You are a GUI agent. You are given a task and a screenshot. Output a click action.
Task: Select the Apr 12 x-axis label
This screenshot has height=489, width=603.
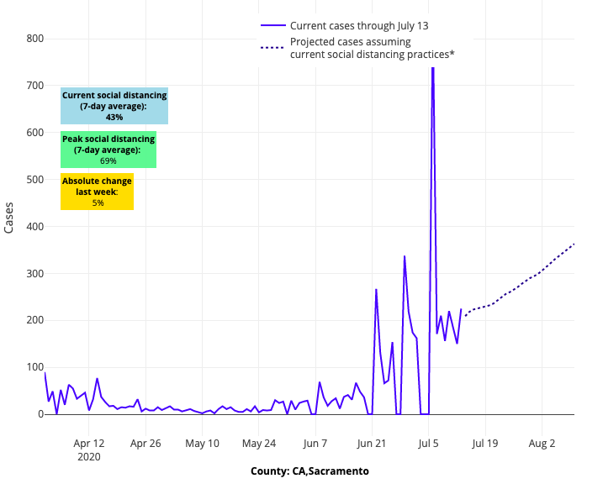click(x=89, y=443)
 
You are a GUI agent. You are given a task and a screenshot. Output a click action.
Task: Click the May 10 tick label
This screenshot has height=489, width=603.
click(x=202, y=443)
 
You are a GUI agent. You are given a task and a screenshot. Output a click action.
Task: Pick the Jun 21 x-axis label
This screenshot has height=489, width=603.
click(x=371, y=443)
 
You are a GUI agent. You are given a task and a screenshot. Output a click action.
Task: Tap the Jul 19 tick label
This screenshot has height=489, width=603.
click(x=485, y=443)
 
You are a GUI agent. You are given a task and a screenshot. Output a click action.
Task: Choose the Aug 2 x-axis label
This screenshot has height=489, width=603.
click(x=542, y=443)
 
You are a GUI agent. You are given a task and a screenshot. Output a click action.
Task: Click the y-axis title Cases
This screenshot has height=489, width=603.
click(x=9, y=218)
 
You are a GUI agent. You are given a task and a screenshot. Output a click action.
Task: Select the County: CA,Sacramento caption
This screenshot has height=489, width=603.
click(x=309, y=471)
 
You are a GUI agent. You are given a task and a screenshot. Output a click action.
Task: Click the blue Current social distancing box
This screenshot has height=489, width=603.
click(x=114, y=106)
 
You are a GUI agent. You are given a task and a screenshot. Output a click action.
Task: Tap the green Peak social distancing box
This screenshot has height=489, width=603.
click(x=108, y=150)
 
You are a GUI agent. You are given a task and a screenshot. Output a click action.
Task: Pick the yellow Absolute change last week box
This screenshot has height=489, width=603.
click(x=98, y=192)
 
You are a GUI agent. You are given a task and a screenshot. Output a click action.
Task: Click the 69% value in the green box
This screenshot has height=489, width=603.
click(x=108, y=160)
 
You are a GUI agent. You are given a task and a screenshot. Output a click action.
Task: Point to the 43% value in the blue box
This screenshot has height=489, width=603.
click(x=114, y=118)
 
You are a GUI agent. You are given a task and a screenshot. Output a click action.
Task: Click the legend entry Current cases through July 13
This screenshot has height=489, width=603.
click(x=359, y=26)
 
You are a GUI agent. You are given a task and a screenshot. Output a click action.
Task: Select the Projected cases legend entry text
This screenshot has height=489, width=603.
click(x=372, y=48)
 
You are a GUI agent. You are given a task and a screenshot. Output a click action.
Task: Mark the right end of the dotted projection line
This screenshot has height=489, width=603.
click(x=574, y=244)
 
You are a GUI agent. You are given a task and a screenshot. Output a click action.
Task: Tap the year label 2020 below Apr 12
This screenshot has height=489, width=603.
click(x=89, y=456)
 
